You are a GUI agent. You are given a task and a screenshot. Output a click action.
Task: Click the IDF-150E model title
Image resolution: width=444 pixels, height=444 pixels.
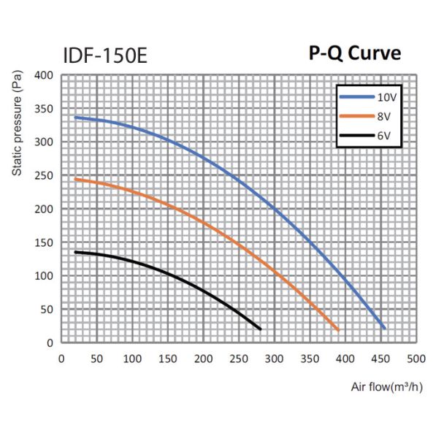coord(104,55)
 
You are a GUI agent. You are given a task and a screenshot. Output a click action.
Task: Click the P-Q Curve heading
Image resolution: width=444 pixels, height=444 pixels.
coord(354,54)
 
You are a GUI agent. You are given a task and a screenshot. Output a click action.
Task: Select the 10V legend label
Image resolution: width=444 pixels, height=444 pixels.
coord(387,96)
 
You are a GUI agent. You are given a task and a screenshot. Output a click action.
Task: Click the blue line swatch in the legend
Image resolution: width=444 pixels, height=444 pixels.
coord(356,96)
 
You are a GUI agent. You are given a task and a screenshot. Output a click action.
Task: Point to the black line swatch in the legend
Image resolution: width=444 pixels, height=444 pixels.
coord(356,136)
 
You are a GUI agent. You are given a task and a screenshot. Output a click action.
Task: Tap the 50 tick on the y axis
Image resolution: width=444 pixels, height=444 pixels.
coord(47,310)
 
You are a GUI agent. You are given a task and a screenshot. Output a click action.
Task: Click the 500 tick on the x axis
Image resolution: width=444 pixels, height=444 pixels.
coord(416,359)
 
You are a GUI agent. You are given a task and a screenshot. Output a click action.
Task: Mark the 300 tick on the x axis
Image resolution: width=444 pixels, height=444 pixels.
coord(274,359)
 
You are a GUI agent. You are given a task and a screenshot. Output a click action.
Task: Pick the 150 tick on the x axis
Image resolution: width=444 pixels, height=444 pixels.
coord(167,359)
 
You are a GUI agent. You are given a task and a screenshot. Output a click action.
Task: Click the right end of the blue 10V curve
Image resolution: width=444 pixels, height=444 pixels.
coord(384,328)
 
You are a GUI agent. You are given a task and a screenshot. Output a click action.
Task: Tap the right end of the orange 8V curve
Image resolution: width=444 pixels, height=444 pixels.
coord(337,329)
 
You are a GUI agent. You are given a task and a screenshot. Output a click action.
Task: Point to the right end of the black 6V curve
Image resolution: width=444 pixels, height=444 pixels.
coord(259,329)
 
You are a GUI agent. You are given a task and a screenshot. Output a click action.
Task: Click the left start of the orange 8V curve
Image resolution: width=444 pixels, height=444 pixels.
coord(75,179)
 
